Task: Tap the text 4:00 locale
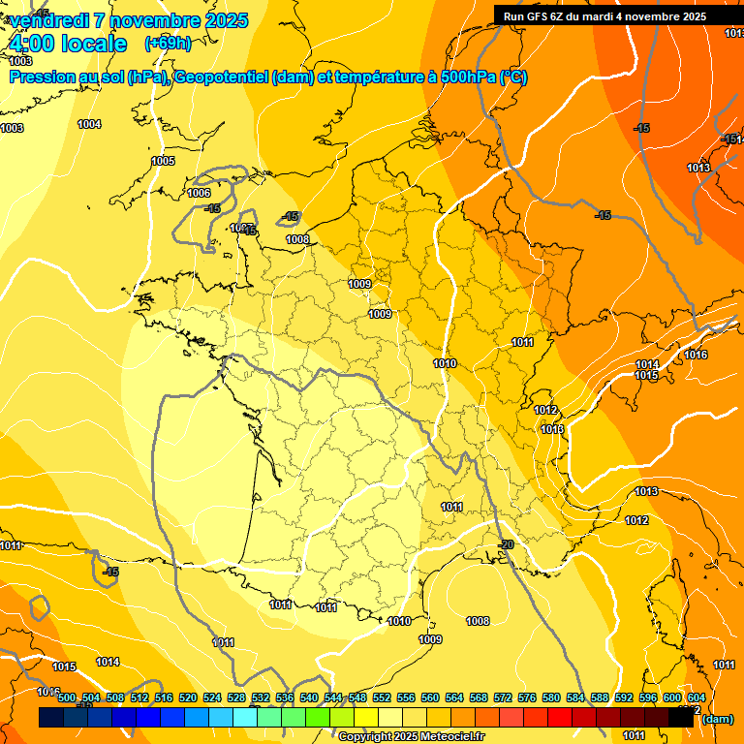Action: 68,44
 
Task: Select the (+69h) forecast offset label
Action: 168,44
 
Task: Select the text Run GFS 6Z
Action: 534,16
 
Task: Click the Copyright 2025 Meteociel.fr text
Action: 411,736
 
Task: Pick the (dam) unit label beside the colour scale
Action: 717,719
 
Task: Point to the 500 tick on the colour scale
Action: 67,697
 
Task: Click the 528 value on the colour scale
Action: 236,697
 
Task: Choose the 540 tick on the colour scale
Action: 309,697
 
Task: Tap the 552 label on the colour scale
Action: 382,697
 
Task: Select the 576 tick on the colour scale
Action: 527,697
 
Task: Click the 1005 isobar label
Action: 163,161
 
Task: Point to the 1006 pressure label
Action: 199,193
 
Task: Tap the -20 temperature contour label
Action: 505,545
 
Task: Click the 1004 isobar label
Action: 89,124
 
